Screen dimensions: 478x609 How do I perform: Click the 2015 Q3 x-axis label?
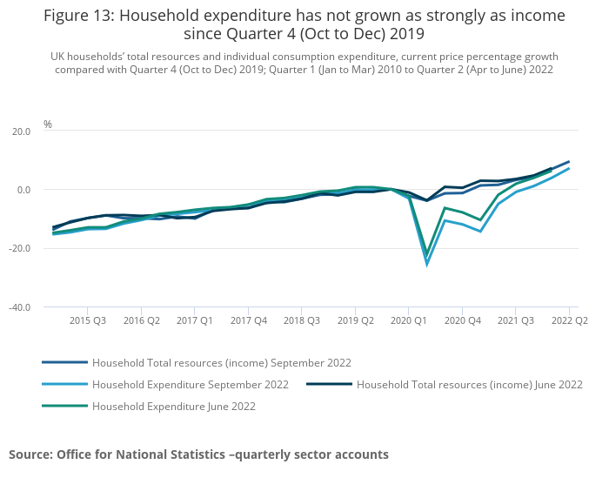[x=88, y=321]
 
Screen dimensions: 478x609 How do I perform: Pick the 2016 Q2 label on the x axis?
[x=141, y=321]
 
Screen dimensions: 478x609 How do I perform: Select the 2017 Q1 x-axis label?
[x=194, y=321]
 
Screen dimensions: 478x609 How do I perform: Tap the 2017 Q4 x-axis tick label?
[x=248, y=321]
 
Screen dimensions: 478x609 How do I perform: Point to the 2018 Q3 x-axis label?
[x=301, y=321]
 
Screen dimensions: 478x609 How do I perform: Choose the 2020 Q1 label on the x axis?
[x=408, y=321]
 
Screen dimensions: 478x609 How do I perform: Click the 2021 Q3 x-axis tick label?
[x=515, y=321]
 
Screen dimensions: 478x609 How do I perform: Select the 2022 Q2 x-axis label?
[x=569, y=321]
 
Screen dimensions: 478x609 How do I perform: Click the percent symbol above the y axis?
[x=48, y=125]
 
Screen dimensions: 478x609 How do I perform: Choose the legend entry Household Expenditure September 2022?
[x=190, y=384]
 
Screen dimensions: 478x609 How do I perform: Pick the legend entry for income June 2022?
[x=469, y=384]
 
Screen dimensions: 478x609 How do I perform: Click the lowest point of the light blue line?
[x=426, y=264]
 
